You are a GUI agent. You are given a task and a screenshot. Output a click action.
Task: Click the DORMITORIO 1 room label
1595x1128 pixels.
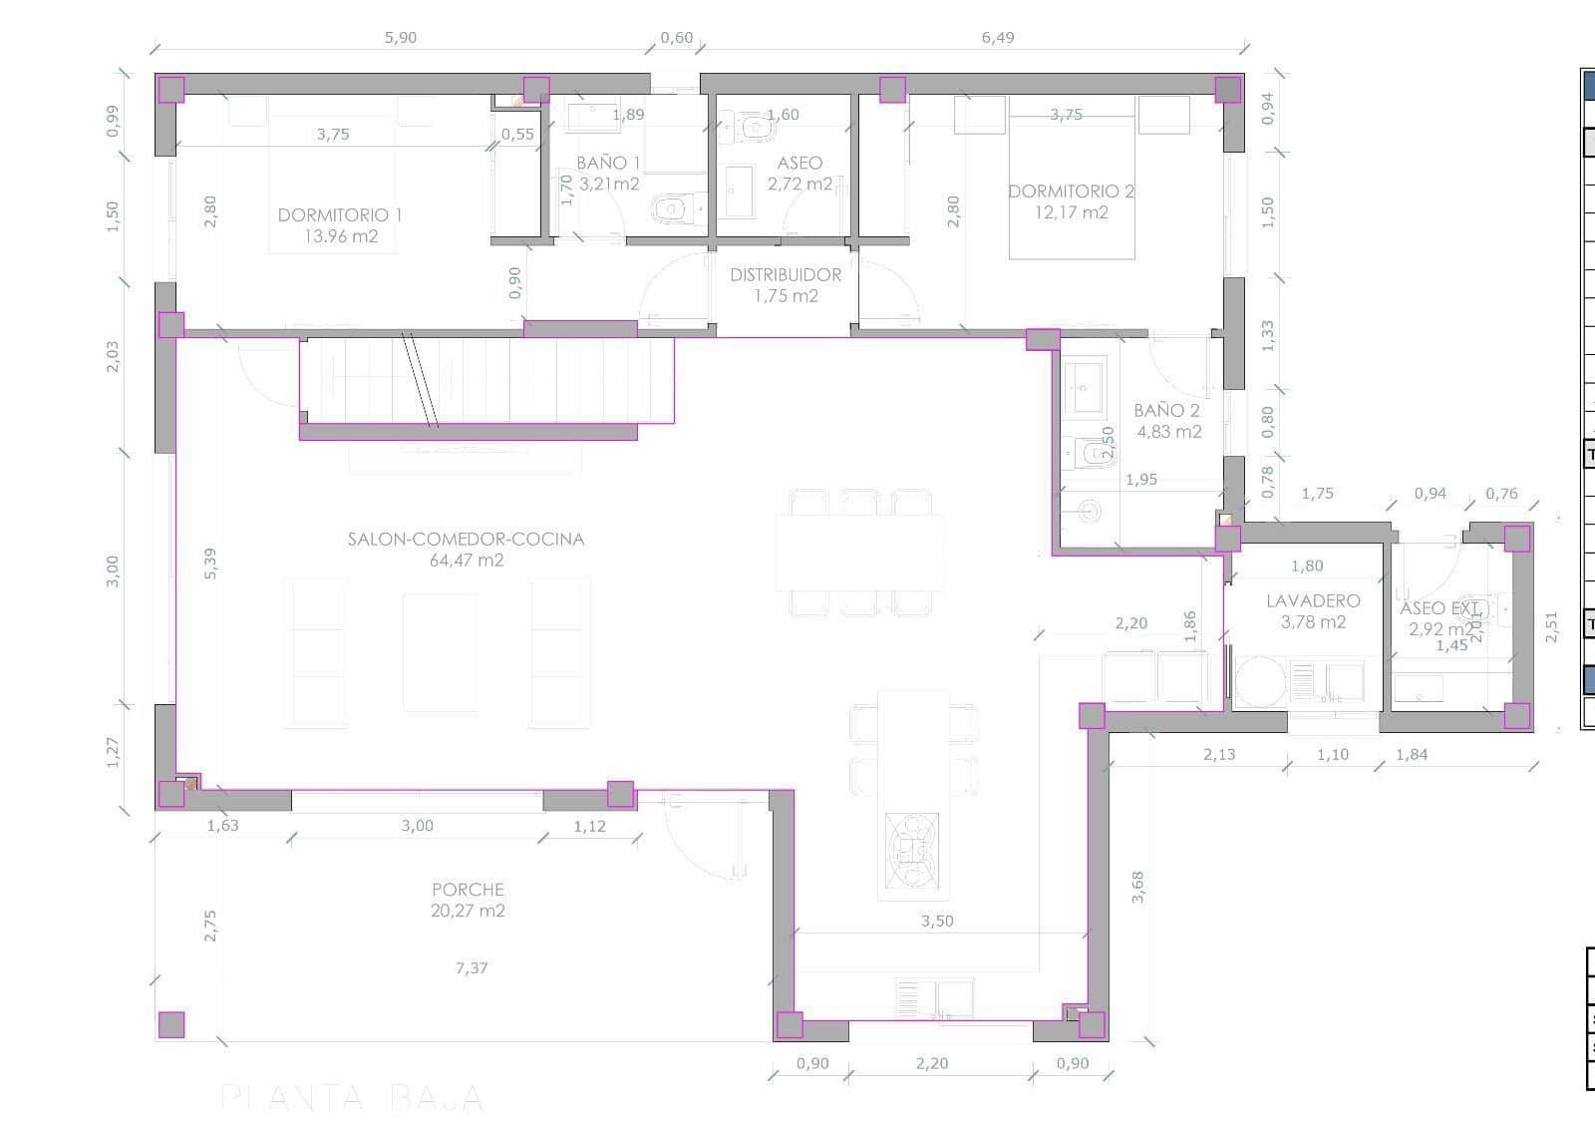click(x=340, y=215)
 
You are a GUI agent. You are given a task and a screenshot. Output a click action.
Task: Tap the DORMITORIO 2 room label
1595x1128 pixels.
click(x=1071, y=191)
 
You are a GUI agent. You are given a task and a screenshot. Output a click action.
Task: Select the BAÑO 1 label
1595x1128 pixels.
click(x=608, y=163)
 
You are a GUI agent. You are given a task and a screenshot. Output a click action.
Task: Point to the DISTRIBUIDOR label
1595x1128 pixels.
click(x=786, y=275)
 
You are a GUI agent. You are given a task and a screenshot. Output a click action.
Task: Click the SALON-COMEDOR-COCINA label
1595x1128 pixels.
click(x=466, y=540)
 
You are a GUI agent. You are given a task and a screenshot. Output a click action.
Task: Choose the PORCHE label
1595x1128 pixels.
click(x=468, y=890)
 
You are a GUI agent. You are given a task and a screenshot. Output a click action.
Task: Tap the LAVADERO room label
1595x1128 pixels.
click(x=1313, y=601)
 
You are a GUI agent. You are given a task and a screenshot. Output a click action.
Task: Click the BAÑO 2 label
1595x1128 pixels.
click(x=1166, y=411)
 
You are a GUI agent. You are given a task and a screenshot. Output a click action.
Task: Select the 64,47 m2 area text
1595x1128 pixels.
click(x=467, y=561)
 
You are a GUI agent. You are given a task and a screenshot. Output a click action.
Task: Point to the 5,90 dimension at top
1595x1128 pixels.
click(x=400, y=38)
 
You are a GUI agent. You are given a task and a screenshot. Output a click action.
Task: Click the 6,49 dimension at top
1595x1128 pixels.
click(x=998, y=38)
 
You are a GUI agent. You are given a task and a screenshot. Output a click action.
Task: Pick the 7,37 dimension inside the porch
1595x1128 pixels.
click(x=472, y=967)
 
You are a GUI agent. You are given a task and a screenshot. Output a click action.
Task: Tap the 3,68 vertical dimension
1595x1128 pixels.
click(x=1137, y=888)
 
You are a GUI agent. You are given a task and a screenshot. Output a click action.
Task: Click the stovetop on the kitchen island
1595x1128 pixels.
click(x=911, y=848)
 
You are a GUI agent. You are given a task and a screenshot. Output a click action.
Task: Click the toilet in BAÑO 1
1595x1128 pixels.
click(x=672, y=209)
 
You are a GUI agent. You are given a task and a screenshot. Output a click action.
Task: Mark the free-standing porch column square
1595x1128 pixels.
click(x=171, y=1024)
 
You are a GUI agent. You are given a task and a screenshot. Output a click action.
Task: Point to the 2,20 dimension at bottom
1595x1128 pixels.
click(x=932, y=1063)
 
